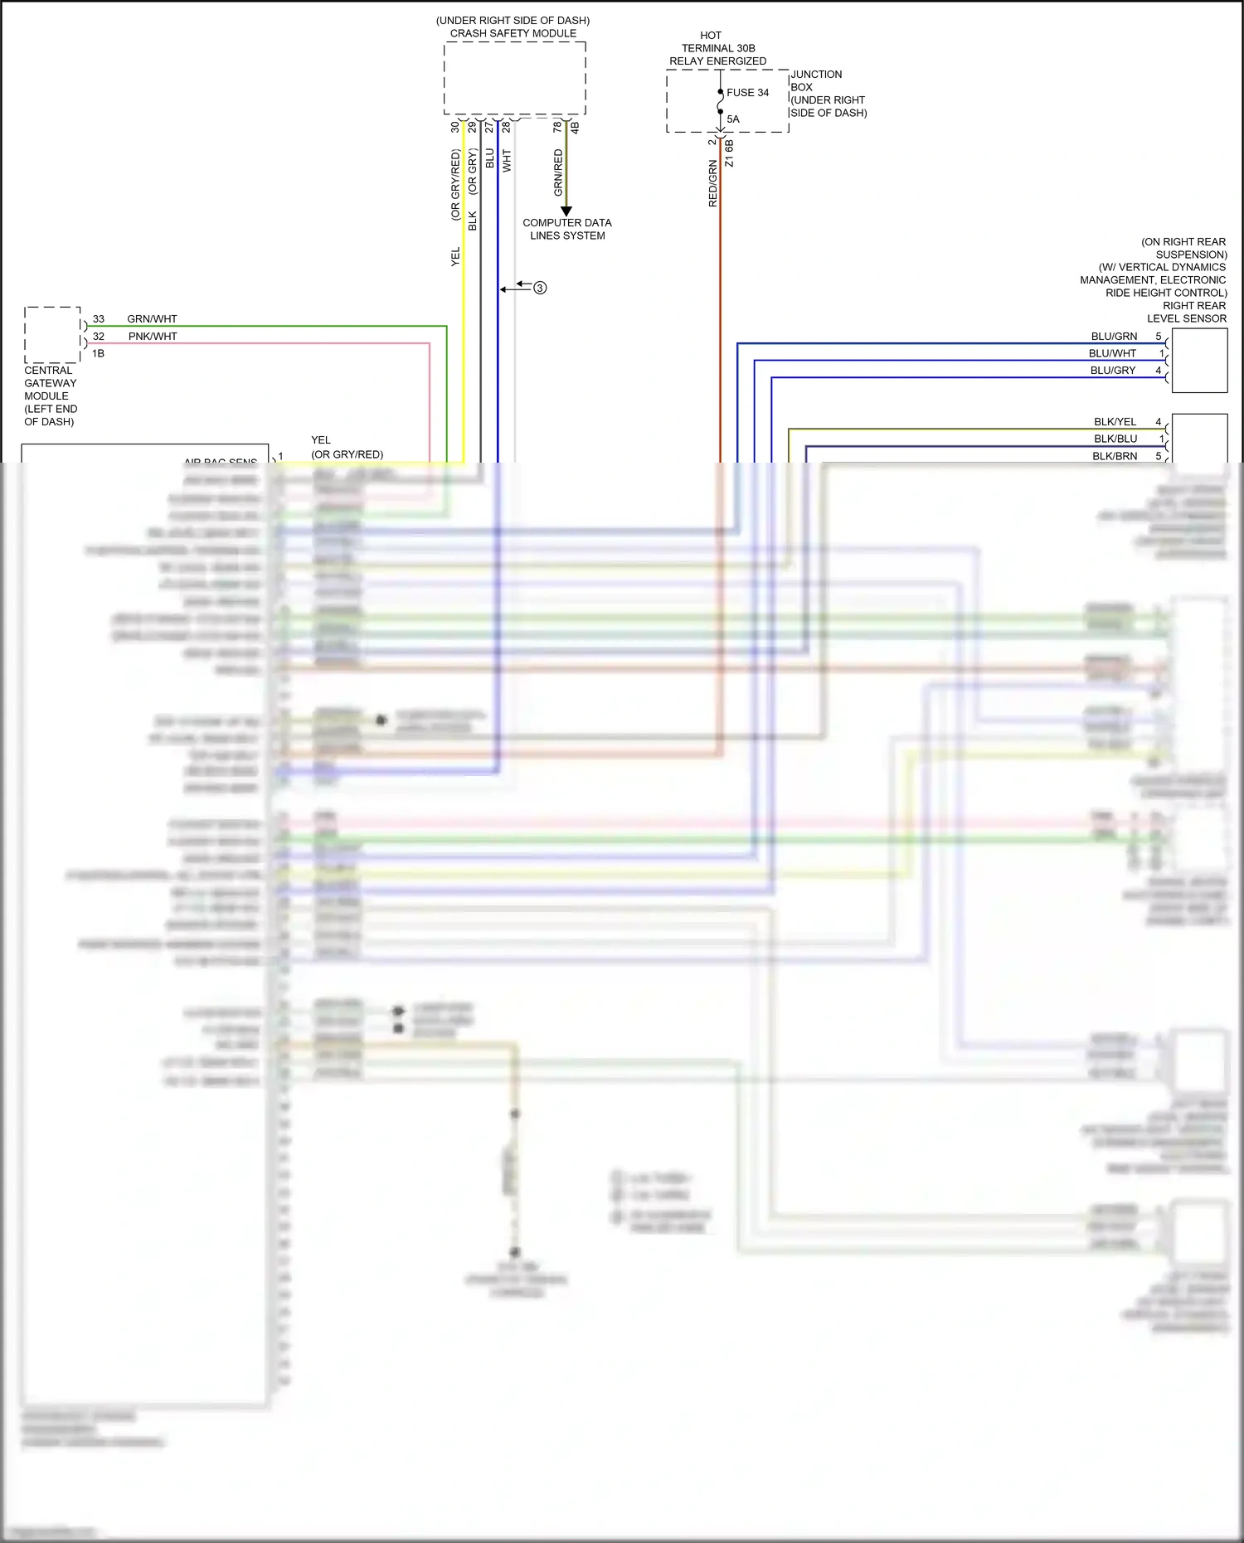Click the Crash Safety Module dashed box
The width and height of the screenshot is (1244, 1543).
pos(514,78)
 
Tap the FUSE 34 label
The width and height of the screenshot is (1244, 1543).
pos(747,93)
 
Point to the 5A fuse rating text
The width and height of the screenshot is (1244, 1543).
pos(733,119)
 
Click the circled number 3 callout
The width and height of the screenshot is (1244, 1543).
pos(540,288)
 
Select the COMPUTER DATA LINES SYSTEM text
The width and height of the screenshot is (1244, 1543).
pos(567,229)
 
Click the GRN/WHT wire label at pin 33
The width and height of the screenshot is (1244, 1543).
pos(152,319)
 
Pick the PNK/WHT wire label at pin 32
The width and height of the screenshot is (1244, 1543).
pos(153,337)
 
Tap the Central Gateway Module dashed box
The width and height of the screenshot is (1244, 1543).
pos(52,334)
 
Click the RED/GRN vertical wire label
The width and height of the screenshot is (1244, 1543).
pos(712,184)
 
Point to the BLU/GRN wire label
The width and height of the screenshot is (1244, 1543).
pos(1114,337)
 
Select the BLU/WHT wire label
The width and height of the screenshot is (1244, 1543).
pos(1112,353)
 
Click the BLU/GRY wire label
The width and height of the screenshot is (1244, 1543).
pos(1112,371)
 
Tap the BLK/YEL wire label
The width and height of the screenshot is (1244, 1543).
pos(1115,422)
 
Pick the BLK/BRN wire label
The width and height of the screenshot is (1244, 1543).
pos(1115,456)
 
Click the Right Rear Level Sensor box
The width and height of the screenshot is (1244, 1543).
pos(1199,360)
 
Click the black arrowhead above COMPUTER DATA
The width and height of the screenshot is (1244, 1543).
pos(566,211)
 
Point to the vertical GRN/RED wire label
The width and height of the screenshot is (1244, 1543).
pos(558,172)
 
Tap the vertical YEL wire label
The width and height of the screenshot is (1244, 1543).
pos(455,257)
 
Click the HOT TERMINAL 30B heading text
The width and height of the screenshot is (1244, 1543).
pos(717,48)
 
